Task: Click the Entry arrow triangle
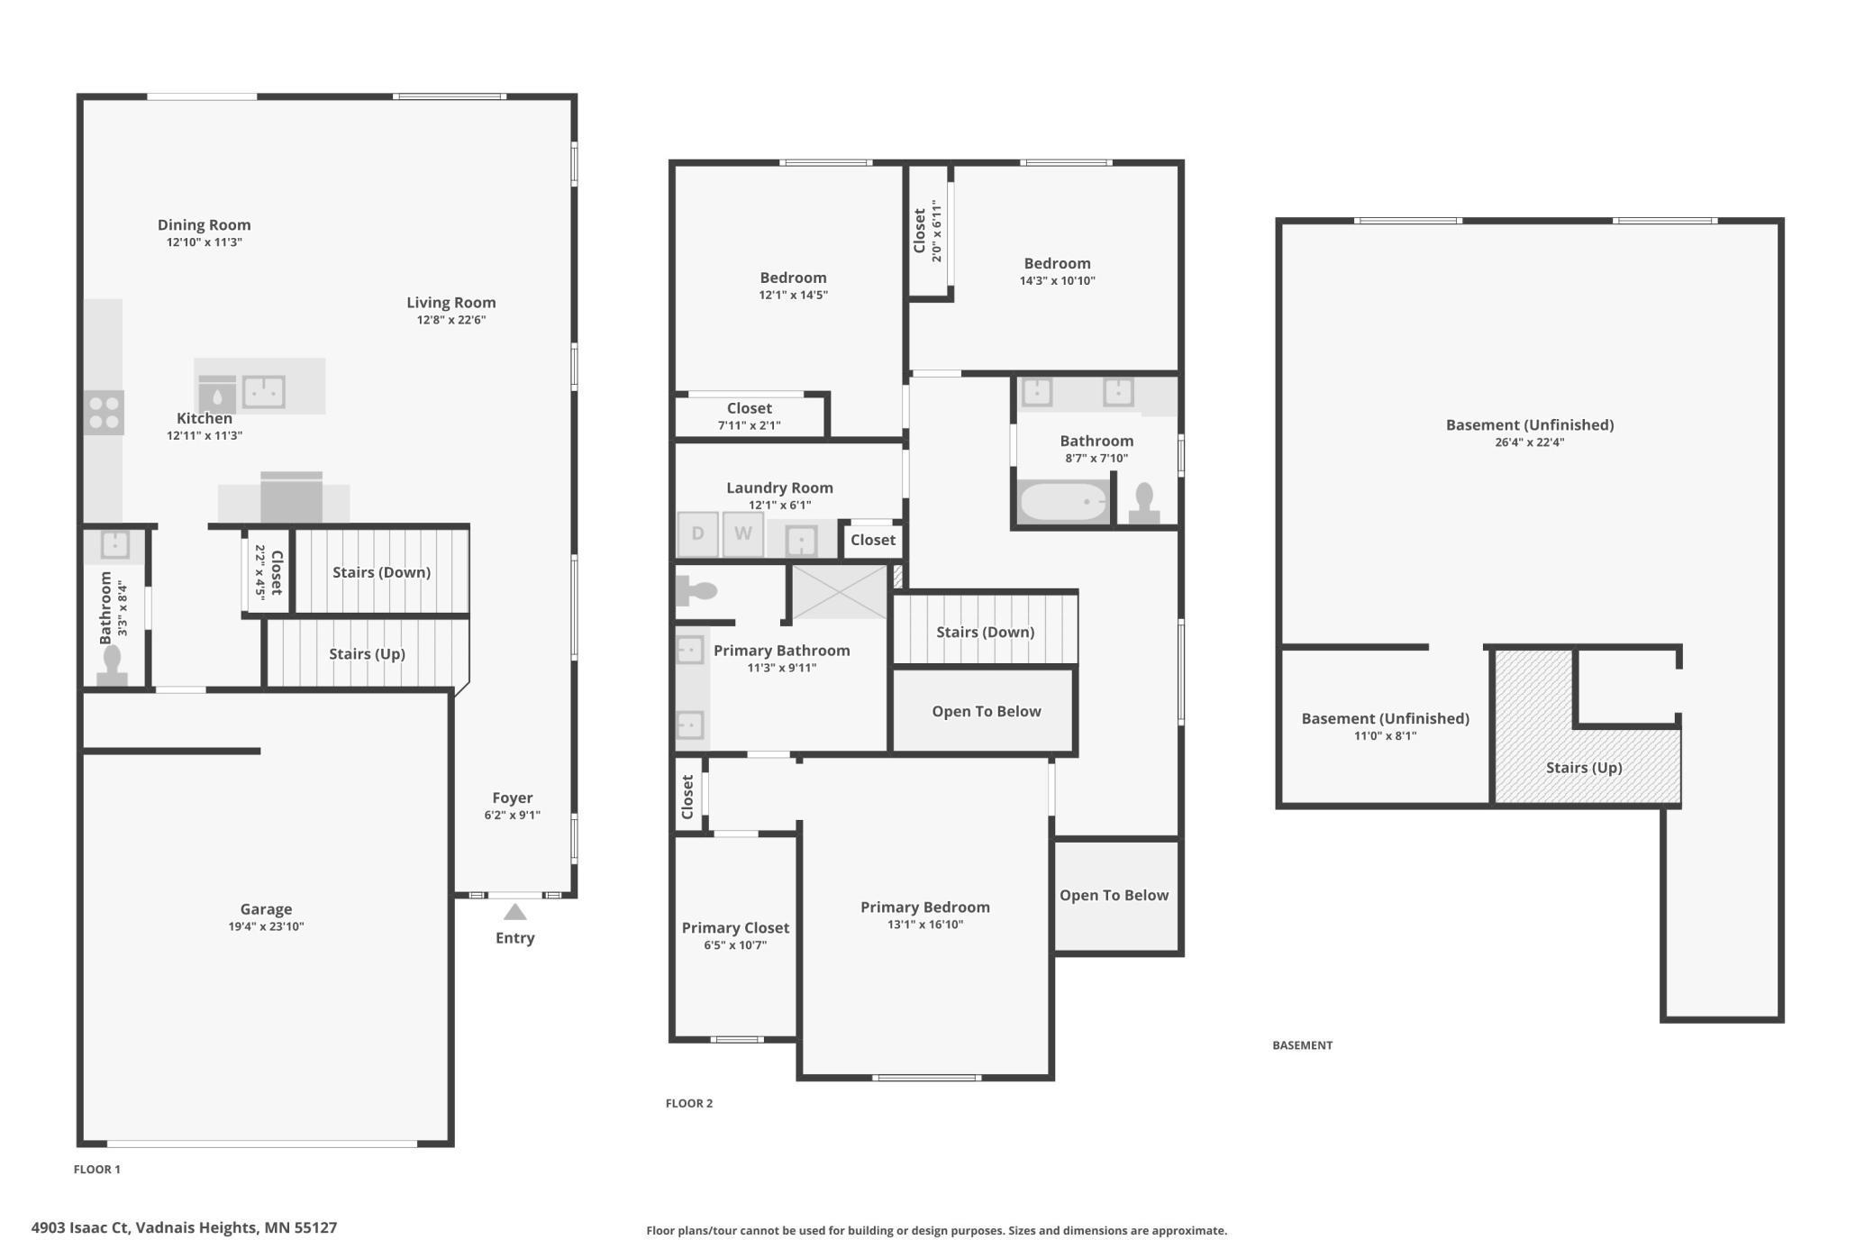tap(514, 912)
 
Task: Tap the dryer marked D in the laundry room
tap(697, 533)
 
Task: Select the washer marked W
tap(742, 533)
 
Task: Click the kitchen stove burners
tap(104, 413)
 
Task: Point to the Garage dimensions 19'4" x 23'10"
tap(266, 926)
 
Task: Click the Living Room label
tap(450, 303)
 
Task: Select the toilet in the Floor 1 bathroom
tap(112, 665)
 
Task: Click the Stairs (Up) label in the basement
tap(1583, 768)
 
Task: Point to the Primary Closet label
tap(735, 927)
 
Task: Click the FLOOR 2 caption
tap(688, 1103)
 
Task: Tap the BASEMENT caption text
tap(1302, 1045)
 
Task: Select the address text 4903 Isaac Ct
tap(81, 1227)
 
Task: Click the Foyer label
tap(512, 798)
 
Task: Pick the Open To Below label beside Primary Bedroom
tap(1114, 895)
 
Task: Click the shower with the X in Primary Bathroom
tap(839, 592)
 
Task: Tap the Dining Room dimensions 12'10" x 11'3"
tap(204, 242)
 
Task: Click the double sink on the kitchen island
tap(264, 392)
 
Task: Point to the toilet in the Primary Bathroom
tap(696, 591)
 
